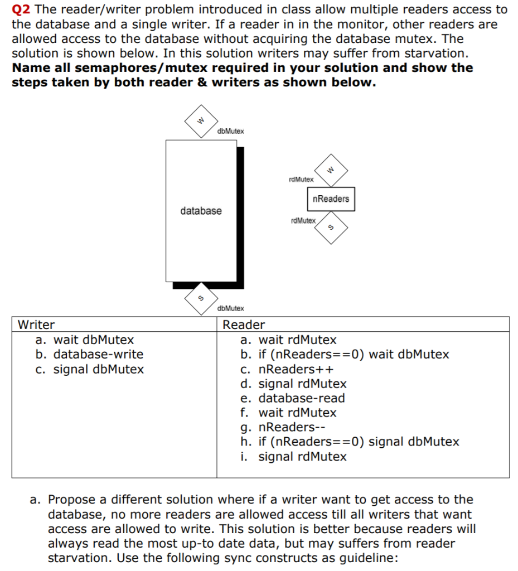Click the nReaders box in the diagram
pos(331,199)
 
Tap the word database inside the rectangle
pos(201,211)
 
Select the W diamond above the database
pos(202,120)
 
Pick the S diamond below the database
pos(202,299)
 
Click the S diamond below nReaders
pos(331,228)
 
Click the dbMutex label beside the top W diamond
pos(230,131)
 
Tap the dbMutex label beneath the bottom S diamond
pos(230,308)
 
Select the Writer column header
pos(36,325)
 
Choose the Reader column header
pos(244,325)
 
